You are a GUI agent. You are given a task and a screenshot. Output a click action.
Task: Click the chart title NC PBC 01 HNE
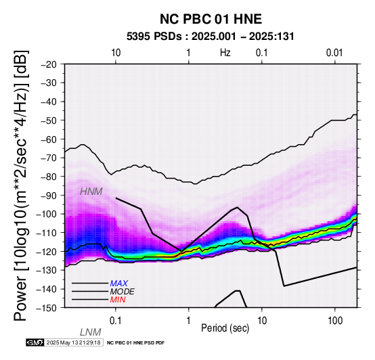(211, 19)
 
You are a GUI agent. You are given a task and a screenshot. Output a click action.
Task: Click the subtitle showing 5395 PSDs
(211, 37)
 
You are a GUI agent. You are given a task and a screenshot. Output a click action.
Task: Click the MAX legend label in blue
(119, 284)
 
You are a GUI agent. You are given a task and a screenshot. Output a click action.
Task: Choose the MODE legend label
(123, 292)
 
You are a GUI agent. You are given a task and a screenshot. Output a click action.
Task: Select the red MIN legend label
(118, 300)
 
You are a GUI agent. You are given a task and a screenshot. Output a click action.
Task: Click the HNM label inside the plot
(91, 192)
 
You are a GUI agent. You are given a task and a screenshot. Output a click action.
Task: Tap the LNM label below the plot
(91, 332)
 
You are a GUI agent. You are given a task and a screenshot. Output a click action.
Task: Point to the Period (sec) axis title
(225, 328)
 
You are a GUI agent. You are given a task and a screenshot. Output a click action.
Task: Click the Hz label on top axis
(225, 53)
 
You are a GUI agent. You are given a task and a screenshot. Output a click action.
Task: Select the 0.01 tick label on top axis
(334, 53)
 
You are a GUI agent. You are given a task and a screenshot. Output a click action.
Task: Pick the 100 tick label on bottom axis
(335, 321)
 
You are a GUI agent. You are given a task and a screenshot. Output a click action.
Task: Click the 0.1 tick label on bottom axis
(116, 321)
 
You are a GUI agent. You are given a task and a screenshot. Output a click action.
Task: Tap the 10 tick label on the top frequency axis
(116, 53)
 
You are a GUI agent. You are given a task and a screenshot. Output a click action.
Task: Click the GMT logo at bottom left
(35, 342)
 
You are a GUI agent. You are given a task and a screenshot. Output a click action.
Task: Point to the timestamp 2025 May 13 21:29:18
(74, 342)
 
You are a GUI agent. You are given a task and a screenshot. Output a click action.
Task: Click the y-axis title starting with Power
(21, 185)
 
